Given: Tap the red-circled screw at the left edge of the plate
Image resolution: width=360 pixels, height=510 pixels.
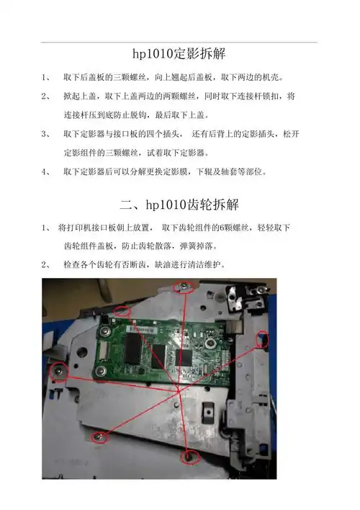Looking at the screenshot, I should [58, 372].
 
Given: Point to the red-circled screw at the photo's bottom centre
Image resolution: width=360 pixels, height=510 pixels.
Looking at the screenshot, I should [189, 456].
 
